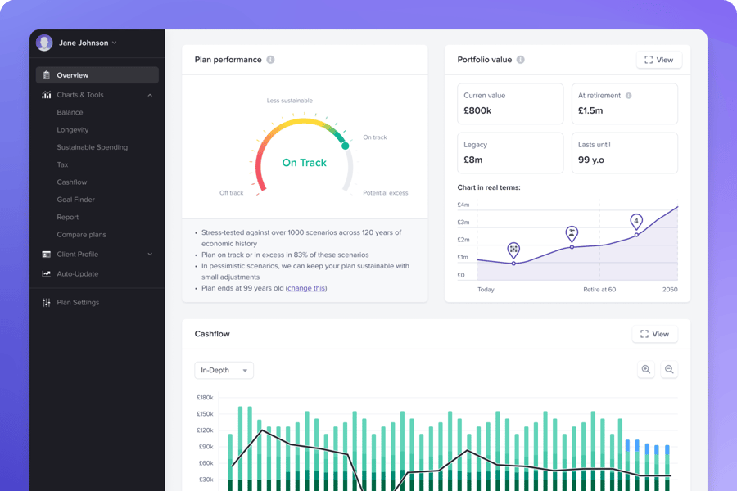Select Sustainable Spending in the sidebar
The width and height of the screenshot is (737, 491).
pyautogui.click(x=92, y=147)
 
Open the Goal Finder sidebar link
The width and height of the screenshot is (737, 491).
pyautogui.click(x=75, y=200)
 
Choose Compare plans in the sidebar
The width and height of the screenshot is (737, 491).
pyautogui.click(x=81, y=235)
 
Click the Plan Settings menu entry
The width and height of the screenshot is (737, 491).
pyautogui.click(x=78, y=303)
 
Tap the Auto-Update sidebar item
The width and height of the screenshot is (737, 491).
pyautogui.click(x=77, y=274)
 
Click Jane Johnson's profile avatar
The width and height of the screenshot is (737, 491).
pyautogui.click(x=44, y=43)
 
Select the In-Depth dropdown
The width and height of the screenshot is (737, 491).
pyautogui.click(x=224, y=371)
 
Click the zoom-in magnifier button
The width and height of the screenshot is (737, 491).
pyautogui.click(x=646, y=370)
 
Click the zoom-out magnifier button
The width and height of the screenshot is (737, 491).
pyautogui.click(x=669, y=370)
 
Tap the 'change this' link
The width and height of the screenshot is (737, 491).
pyautogui.click(x=306, y=288)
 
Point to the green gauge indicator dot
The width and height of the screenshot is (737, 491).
pyautogui.click(x=345, y=146)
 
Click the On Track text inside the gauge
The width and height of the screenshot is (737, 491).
pyautogui.click(x=304, y=163)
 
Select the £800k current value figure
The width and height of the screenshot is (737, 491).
pyautogui.click(x=477, y=110)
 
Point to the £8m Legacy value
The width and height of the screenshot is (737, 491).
pyautogui.click(x=474, y=160)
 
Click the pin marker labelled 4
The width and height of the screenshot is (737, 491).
pyautogui.click(x=636, y=221)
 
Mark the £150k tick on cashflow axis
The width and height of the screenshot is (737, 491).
pyautogui.click(x=205, y=414)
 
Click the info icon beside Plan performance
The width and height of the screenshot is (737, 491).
pyautogui.click(x=271, y=60)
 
